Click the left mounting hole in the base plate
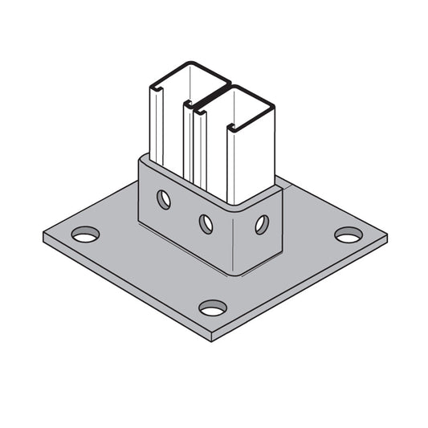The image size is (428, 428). [85, 234]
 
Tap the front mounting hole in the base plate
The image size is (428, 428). [213, 308]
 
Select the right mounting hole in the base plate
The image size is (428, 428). [349, 234]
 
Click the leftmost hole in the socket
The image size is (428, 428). [164, 199]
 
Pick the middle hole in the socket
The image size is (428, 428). [206, 222]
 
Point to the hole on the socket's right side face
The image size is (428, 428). [262, 224]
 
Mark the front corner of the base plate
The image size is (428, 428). [212, 337]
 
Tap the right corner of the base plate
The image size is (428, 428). [385, 238]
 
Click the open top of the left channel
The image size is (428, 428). [187, 80]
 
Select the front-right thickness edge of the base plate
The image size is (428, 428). [305, 289]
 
